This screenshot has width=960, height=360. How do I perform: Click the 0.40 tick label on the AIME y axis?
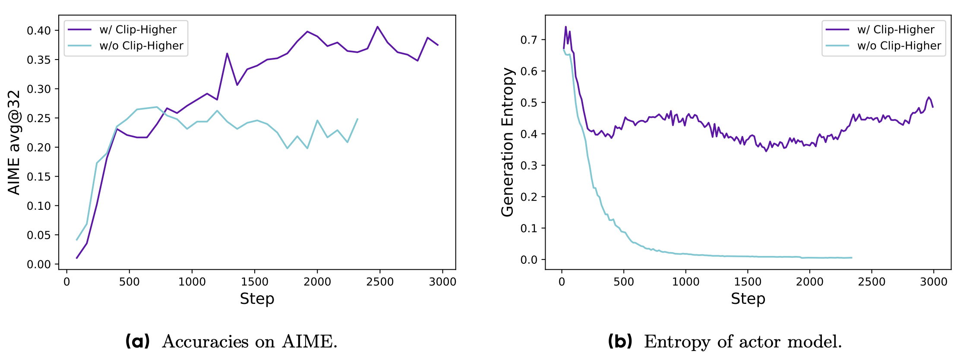point(39,31)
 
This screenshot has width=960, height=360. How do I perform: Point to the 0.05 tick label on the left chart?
point(39,235)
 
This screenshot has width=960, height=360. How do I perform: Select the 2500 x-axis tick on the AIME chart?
point(380,282)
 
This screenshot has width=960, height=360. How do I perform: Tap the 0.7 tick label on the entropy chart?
point(529,40)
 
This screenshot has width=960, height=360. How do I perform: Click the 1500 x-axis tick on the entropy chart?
point(748,282)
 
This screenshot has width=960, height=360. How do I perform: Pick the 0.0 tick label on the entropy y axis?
point(529,260)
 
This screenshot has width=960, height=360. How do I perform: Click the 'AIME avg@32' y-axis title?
point(14,142)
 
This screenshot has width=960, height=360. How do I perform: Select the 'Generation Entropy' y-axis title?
point(508,142)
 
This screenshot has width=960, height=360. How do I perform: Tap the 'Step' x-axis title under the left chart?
point(257,299)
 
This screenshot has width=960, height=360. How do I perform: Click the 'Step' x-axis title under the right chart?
point(748,299)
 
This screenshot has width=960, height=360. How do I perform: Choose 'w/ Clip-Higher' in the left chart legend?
point(138,30)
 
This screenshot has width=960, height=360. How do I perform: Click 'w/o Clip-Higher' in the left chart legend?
point(141,46)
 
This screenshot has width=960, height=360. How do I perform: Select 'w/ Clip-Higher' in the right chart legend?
point(896,30)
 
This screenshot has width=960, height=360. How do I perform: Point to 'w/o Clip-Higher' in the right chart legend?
point(899,46)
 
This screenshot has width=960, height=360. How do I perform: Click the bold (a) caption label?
point(137,341)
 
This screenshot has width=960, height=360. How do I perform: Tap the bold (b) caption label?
point(620,341)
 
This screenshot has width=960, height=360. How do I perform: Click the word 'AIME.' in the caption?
point(309,342)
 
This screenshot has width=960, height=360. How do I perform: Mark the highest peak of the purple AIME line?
point(377,27)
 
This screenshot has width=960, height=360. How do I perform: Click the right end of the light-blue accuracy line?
point(357,119)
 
